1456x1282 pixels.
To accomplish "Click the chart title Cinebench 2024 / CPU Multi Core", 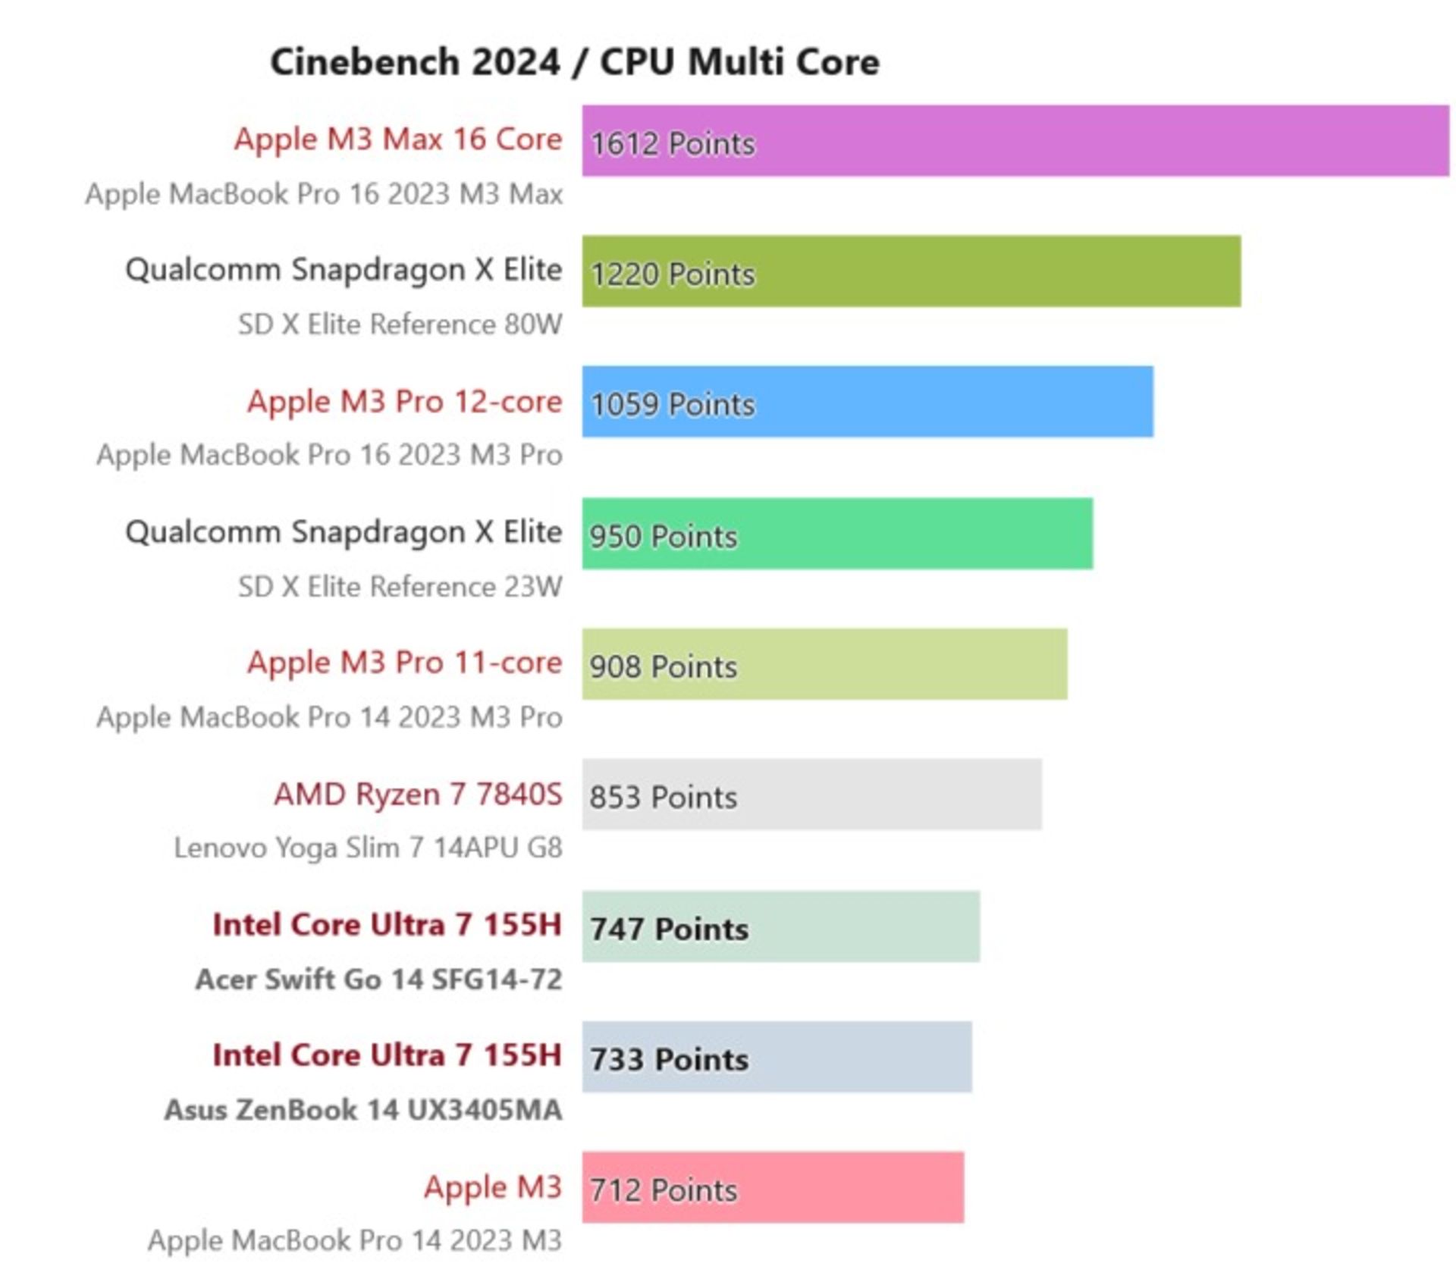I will coord(575,62).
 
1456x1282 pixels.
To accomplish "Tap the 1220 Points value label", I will coord(673,274).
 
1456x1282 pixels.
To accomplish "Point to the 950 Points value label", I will coord(664,536).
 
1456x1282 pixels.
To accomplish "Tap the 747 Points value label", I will coord(669,929).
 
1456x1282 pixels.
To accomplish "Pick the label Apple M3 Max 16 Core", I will coord(398,139).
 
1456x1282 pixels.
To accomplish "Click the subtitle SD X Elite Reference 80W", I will coord(400,324).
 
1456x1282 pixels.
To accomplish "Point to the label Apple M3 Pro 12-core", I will coord(404,402).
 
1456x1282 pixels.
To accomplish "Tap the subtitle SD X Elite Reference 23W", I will coord(400,587).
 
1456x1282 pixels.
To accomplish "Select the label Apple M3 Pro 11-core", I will coord(404,663).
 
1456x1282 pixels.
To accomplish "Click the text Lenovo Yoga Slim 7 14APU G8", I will coord(368,848).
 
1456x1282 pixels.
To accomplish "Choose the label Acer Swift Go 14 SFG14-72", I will coord(378,980).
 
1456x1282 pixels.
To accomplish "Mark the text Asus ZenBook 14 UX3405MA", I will coord(363,1110).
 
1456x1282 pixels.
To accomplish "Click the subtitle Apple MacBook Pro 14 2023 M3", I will coord(354,1240).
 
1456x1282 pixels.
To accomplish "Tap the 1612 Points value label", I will coord(673,143).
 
